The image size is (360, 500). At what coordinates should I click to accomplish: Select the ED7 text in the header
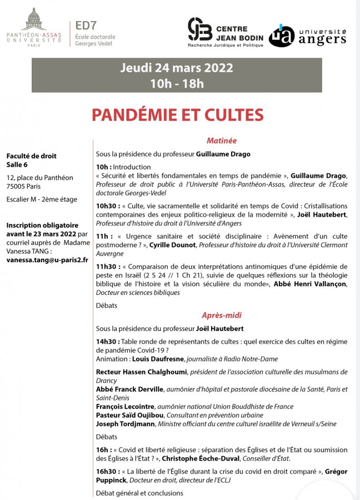84,26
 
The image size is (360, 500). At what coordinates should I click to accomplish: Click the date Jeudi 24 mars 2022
177,68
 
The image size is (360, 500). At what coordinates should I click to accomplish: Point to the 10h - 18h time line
177,84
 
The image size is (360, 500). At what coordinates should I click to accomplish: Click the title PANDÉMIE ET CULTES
177,114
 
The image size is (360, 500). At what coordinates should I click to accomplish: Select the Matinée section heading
221,141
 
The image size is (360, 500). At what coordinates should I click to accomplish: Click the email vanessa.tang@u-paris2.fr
47,259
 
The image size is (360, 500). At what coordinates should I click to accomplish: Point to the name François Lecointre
125,407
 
